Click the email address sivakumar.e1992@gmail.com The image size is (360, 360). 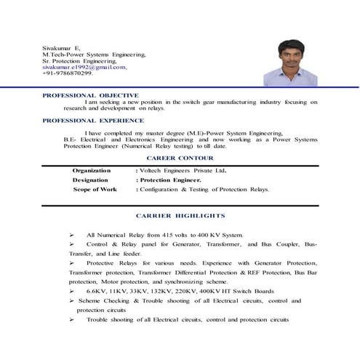(84, 67)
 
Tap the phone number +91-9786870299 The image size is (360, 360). (68, 73)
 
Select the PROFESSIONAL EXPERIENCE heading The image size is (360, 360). (93, 120)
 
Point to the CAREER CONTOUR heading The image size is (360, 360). (180, 157)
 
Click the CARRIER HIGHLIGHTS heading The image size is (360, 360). (180, 216)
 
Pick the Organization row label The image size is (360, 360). (92, 170)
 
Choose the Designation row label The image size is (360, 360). (90, 180)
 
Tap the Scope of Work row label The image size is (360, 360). (95, 189)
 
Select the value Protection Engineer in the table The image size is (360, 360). (171, 180)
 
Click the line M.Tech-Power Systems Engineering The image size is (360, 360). (94, 54)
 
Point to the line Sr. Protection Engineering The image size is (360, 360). (84, 60)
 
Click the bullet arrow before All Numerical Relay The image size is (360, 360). (72, 235)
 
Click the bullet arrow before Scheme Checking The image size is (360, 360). (72, 301)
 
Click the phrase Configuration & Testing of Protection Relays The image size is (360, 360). (204, 189)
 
